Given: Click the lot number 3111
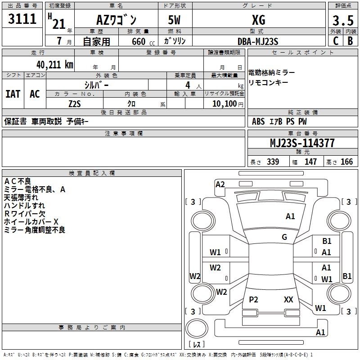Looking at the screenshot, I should (x=22, y=20).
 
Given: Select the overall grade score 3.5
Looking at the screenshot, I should (x=342, y=21).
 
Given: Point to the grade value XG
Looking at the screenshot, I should (x=258, y=20).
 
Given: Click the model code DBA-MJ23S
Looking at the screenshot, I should (x=258, y=41).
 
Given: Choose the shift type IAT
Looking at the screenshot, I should (x=13, y=94).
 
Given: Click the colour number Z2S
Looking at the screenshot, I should (x=75, y=103).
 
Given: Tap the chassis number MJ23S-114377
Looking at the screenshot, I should (x=302, y=144).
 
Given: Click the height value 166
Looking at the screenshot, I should (x=346, y=162).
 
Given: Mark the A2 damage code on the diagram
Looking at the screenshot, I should (x=220, y=184).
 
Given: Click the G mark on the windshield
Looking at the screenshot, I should (x=284, y=237).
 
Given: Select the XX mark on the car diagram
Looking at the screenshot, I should (x=288, y=299).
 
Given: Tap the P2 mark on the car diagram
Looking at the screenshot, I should (x=253, y=299).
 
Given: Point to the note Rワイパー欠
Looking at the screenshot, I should (x=24, y=213).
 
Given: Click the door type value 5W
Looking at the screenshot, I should (x=175, y=20).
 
